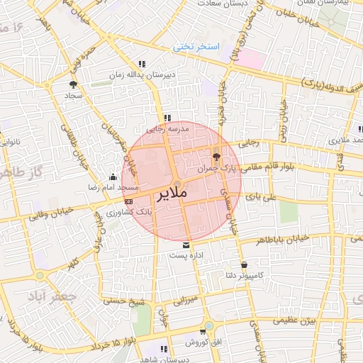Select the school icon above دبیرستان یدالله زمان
[143, 64]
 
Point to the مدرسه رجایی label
[164, 130]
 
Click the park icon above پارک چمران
[216, 156]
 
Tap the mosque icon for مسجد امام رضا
[112, 177]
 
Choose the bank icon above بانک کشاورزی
[128, 201]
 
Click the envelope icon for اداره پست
[186, 245]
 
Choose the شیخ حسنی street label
[123, 301]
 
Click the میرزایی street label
[187, 299]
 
